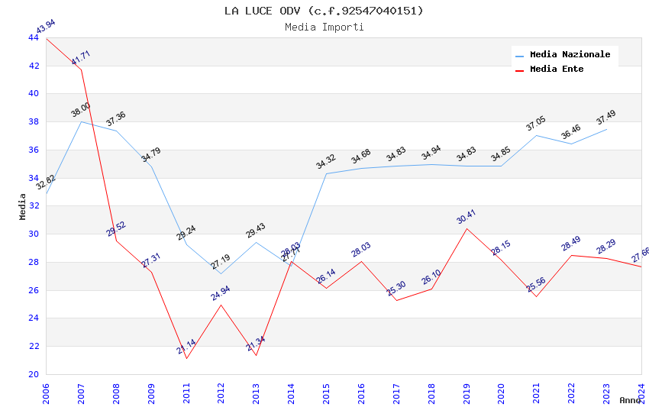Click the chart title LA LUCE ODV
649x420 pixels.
click(324, 11)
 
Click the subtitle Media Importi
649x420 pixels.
click(324, 27)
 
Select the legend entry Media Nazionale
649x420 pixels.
click(570, 55)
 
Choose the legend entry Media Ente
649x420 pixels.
click(557, 69)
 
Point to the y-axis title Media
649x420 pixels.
click(23, 206)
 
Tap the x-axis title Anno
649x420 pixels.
click(630, 400)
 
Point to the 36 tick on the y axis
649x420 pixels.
click(34, 150)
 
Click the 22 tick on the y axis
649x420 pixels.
click(34, 346)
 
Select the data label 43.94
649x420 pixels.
click(46, 27)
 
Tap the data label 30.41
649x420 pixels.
click(466, 216)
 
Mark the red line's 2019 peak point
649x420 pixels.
click(467, 228)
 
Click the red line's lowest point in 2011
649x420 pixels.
click(186, 358)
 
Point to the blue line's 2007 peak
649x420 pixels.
click(81, 121)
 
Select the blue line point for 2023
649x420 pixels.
click(606, 129)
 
